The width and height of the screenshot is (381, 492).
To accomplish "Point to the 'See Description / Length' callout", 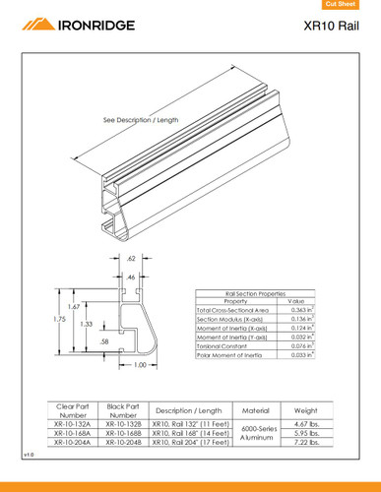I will pyautogui.click(x=141, y=119).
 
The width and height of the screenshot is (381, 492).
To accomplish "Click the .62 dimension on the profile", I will pyautogui.click(x=131, y=258).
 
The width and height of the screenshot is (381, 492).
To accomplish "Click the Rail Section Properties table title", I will pyautogui.click(x=255, y=293).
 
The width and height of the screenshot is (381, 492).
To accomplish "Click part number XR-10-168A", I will pyautogui.click(x=73, y=432).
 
